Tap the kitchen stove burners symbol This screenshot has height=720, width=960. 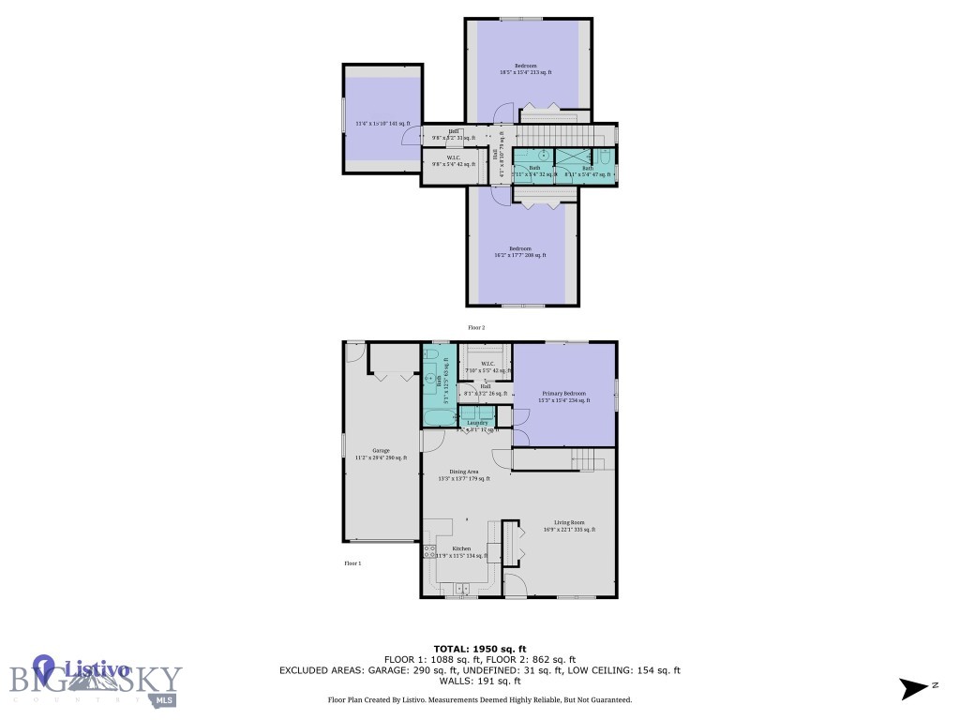click(x=430, y=550)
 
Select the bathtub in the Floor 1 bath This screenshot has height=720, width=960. click(x=437, y=416)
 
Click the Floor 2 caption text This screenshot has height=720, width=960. click(x=476, y=327)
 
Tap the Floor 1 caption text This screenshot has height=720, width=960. click(x=352, y=563)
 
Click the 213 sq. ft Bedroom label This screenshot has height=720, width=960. click(x=525, y=68)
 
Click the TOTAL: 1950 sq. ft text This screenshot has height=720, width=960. click(x=479, y=649)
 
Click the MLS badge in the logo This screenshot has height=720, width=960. click(x=165, y=700)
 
